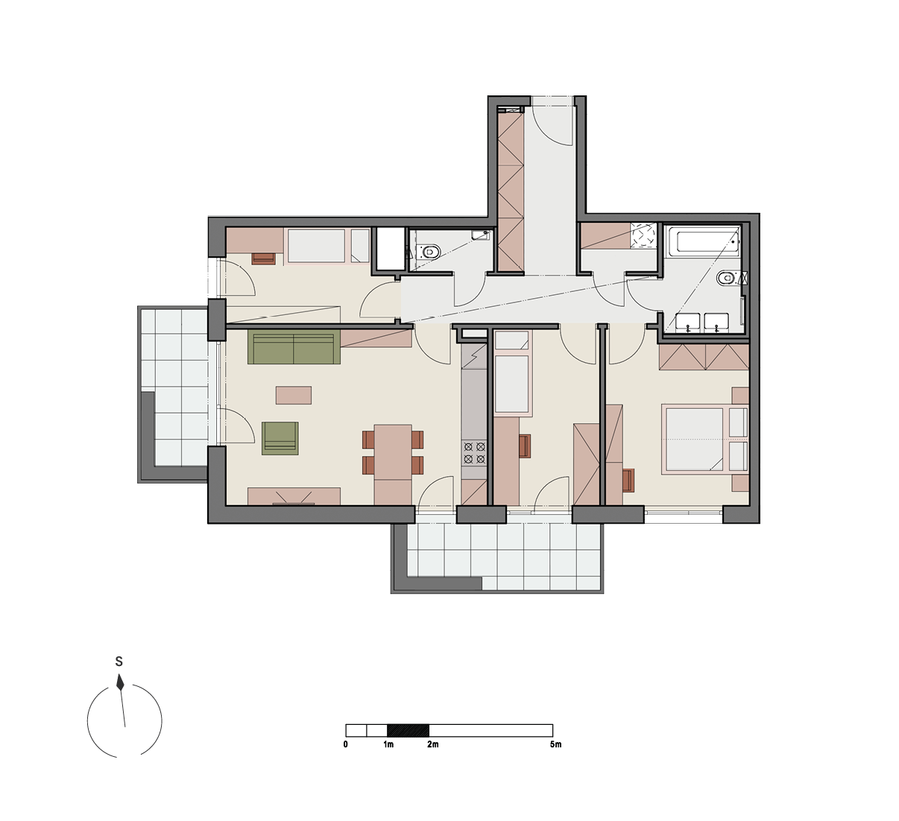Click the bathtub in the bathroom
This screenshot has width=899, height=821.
click(702, 241)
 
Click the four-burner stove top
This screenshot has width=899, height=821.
click(474, 452)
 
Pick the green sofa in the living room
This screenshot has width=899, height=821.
click(294, 347)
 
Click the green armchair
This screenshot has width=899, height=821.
click(280, 438)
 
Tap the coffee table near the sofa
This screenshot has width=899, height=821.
click(294, 396)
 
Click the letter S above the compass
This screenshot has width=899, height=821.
click(119, 661)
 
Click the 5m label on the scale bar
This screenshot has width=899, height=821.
click(555, 744)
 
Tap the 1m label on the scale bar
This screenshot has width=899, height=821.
click(388, 744)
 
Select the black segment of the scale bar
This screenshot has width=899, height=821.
click(408, 731)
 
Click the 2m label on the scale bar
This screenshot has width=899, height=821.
click(432, 744)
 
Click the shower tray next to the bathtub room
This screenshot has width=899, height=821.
click(643, 235)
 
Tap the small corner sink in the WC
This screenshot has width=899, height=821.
click(480, 235)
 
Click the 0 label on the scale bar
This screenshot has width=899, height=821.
click(346, 744)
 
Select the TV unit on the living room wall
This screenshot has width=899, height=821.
click(294, 496)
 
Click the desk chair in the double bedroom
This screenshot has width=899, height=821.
click(628, 480)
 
